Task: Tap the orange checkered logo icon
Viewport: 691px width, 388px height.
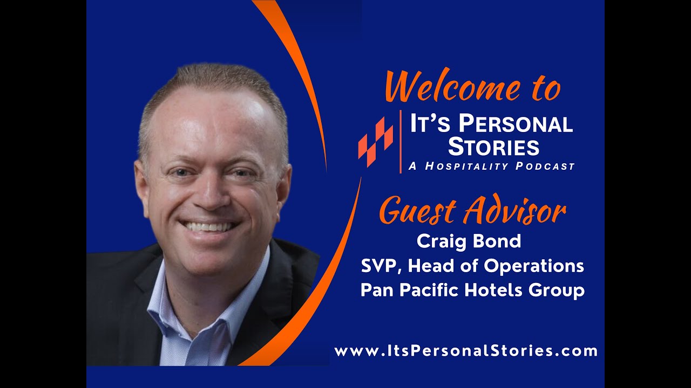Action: click(376, 141)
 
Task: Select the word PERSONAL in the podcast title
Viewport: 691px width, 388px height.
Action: click(515, 125)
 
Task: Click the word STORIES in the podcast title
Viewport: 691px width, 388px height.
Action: click(493, 147)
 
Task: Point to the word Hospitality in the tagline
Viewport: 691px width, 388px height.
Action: click(466, 167)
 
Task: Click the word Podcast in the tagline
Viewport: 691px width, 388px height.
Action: click(545, 167)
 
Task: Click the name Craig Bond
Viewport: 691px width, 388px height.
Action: click(469, 241)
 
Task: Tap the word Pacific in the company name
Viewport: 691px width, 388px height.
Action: click(427, 290)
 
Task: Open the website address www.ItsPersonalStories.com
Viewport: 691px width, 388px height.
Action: click(466, 351)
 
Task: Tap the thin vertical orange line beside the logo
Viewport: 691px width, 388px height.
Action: click(401, 141)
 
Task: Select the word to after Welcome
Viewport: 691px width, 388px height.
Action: click(543, 89)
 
